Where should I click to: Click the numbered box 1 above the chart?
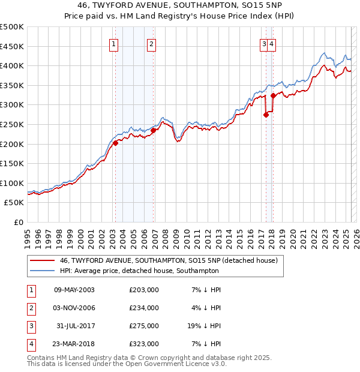click(x=113, y=43)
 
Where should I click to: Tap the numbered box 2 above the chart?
click(x=151, y=43)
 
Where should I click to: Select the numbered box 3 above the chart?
click(x=264, y=43)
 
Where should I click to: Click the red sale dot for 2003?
click(x=115, y=143)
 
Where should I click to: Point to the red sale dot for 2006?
click(x=153, y=130)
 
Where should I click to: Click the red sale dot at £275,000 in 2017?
click(x=266, y=115)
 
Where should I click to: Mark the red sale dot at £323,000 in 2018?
click(x=273, y=95)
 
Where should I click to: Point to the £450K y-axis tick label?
click(x=12, y=46)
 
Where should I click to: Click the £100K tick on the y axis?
click(x=12, y=183)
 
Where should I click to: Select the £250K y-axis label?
click(x=12, y=124)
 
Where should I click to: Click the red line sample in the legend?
click(x=42, y=261)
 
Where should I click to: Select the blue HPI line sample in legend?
click(x=42, y=271)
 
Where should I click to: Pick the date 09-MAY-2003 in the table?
click(x=74, y=290)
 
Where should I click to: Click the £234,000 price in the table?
click(x=144, y=308)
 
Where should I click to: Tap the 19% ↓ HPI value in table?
click(x=204, y=326)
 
